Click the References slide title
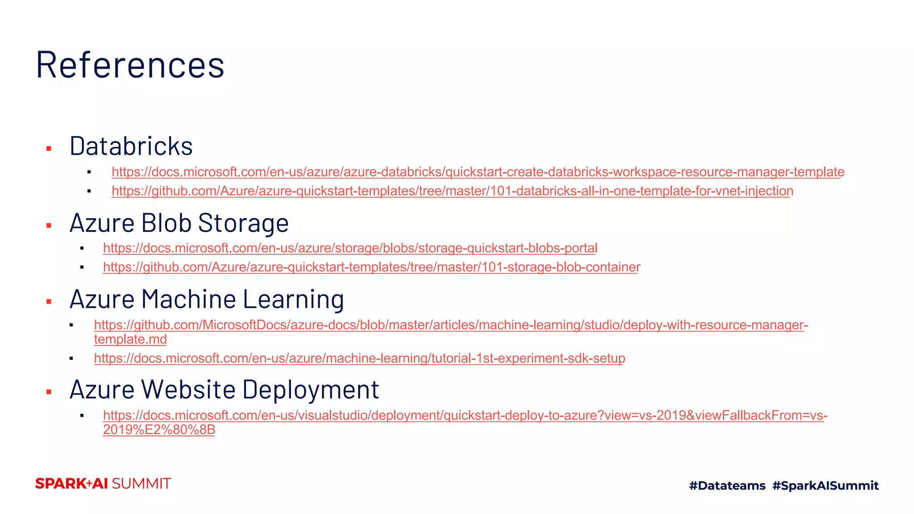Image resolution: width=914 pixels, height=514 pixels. click(130, 65)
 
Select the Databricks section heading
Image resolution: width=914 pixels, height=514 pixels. click(131, 146)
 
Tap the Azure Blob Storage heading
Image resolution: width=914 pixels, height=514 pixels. click(179, 223)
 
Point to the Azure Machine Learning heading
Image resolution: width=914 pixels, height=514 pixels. click(207, 299)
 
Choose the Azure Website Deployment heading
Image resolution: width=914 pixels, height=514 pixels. click(224, 389)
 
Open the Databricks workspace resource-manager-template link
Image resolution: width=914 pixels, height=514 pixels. click(478, 172)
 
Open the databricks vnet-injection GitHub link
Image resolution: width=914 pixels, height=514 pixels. click(452, 191)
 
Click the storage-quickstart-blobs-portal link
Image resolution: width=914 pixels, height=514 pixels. click(350, 248)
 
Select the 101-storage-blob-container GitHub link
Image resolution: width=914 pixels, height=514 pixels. click(371, 267)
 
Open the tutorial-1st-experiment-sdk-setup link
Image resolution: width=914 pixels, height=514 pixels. click(359, 358)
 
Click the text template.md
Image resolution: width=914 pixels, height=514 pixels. click(130, 340)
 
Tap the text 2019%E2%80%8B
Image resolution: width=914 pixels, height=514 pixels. click(159, 430)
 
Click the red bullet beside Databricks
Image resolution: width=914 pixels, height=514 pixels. click(49, 149)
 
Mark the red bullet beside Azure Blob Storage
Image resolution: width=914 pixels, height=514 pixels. click(49, 226)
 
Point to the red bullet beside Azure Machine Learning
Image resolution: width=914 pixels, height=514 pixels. click(49, 302)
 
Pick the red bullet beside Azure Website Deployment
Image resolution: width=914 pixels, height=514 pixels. click(49, 392)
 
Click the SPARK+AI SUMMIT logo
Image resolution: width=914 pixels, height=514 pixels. click(103, 484)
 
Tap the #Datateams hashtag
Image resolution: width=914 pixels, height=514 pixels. click(727, 485)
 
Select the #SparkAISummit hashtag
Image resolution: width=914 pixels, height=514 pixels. click(825, 485)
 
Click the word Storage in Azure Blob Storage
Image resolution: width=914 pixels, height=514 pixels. click(243, 223)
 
